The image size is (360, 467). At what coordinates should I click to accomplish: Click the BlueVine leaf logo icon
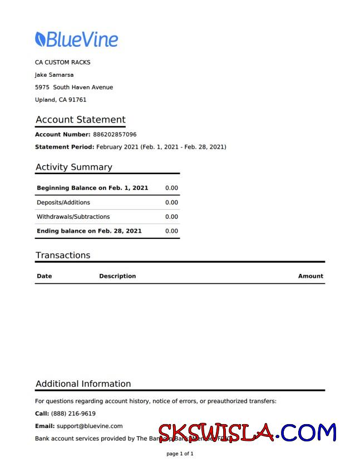point(40,39)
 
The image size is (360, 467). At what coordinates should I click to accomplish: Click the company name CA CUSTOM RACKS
point(62,62)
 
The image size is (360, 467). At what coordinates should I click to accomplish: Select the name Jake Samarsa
point(54,75)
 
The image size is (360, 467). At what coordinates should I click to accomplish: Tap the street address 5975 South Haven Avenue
point(74,87)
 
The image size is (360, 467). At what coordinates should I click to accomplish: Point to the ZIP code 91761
point(77,100)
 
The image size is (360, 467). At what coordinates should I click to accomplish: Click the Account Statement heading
point(80,120)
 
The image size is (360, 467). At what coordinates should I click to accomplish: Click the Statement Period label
point(65,147)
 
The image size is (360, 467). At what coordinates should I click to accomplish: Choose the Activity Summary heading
point(73,167)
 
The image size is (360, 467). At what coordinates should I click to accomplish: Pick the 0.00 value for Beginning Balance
point(171,188)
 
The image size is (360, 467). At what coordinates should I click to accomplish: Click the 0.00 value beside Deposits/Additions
point(171,203)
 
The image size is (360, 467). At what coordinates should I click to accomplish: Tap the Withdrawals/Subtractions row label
point(73,217)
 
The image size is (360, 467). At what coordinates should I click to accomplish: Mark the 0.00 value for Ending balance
point(171,231)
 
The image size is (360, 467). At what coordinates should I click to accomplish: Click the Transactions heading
point(62,255)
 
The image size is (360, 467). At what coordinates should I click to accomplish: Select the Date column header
point(44,276)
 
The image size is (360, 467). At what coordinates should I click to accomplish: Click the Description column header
point(117,276)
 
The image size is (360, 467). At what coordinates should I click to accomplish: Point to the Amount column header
point(310,276)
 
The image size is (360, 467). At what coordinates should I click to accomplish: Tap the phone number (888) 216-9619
point(73,414)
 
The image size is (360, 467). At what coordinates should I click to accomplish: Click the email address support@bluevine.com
point(89,426)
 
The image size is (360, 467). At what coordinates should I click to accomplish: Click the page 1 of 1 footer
point(180,454)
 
